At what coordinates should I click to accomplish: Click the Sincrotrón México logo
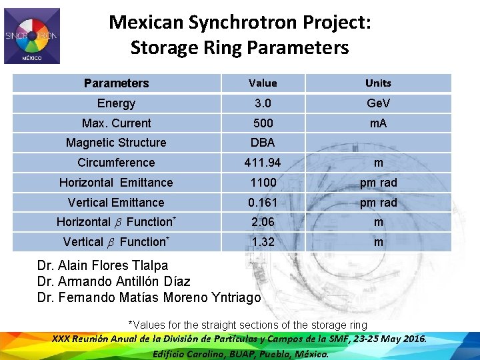[32, 36]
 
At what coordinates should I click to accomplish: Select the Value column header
[263, 83]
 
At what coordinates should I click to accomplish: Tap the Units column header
[378, 83]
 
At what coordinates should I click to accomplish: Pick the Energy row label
[116, 103]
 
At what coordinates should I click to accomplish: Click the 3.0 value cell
[263, 103]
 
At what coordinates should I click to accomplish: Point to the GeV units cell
[378, 103]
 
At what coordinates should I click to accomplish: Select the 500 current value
[263, 123]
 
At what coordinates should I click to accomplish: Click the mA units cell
[378, 123]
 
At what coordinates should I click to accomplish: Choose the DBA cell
[263, 143]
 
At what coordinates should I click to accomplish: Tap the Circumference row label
[116, 163]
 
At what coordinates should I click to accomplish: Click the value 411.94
[263, 163]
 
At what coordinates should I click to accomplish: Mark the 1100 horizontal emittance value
[263, 183]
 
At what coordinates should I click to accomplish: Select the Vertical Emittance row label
[116, 202]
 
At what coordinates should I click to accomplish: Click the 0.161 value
[263, 202]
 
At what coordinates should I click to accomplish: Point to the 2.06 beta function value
[263, 222]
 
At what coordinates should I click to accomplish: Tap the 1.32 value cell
[263, 242]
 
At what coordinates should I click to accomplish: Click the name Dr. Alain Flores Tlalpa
[103, 266]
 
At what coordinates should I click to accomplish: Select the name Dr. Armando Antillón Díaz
[113, 282]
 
